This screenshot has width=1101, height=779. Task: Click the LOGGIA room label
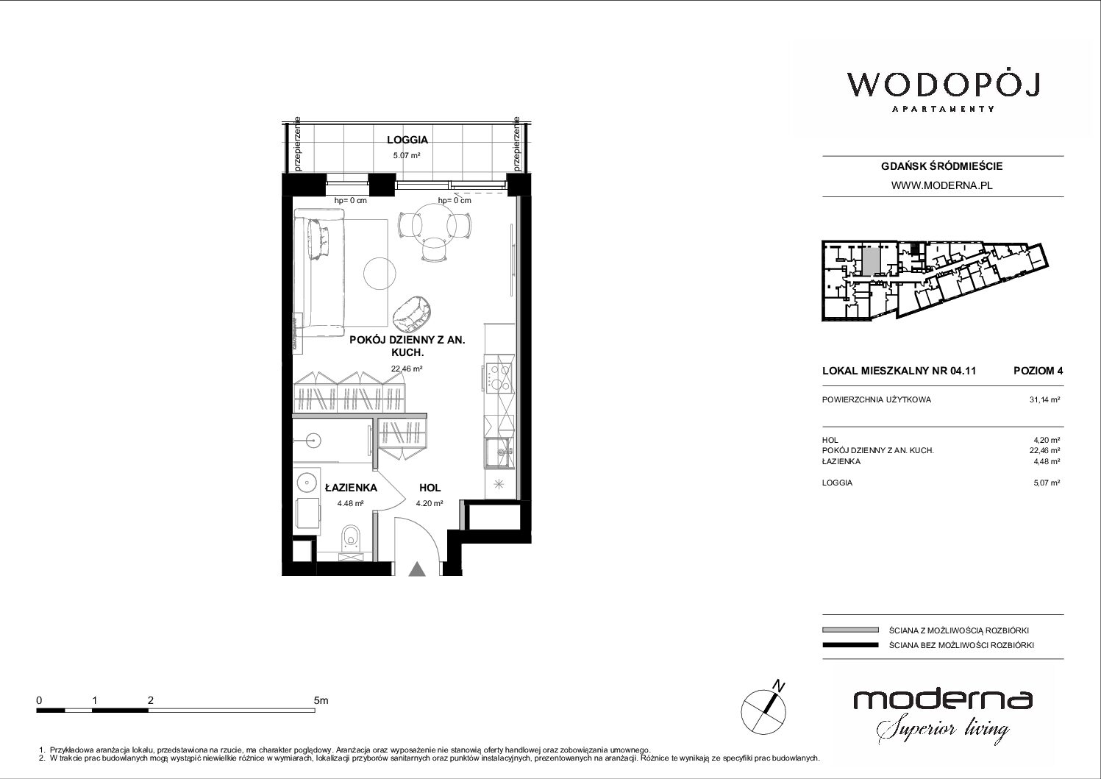coord(407,140)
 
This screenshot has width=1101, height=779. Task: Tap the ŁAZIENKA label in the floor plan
coord(351,488)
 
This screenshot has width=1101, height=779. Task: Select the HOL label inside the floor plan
coord(430,488)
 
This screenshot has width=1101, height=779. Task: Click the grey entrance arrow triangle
coord(417,569)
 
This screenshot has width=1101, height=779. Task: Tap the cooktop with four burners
coord(499,377)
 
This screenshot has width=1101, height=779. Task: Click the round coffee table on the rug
coord(380,274)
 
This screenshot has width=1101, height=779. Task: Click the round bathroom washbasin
coord(307,482)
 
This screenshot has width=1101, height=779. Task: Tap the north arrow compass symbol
coord(764,708)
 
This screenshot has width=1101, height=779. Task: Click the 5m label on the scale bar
coord(321,700)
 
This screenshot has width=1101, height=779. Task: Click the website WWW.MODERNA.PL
coord(941,185)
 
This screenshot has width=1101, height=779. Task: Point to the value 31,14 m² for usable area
coord(1044,400)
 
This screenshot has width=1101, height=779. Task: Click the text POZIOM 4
coord(1038,371)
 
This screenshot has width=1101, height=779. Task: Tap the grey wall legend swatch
coord(850,630)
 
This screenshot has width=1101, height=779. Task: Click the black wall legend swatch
coord(850,645)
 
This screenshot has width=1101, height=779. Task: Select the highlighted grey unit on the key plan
coord(870,262)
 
